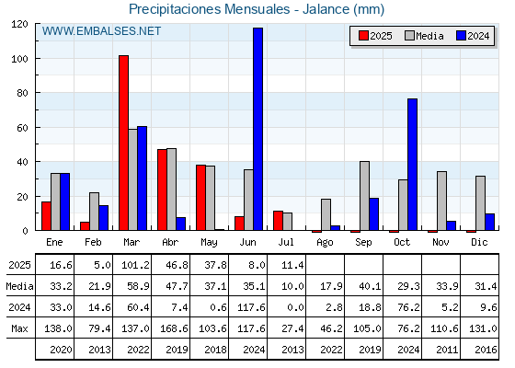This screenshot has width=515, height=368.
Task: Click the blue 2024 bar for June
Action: [x=257, y=129]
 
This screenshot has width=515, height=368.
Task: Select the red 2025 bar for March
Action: [x=123, y=143]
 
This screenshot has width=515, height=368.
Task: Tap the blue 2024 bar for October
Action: [x=412, y=165]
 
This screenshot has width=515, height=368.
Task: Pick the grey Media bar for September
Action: [x=364, y=196]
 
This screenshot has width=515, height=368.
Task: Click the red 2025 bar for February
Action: [x=85, y=226]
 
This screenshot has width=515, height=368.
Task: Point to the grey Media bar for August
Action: [x=326, y=214]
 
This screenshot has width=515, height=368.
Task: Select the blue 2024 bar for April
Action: [x=180, y=224]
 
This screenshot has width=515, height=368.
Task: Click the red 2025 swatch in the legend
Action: [x=363, y=36]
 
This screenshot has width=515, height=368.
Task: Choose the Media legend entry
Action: [x=424, y=36]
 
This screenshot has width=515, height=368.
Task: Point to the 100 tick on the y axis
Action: [x=37, y=59]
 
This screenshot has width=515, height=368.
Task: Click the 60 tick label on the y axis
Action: [x=22, y=128]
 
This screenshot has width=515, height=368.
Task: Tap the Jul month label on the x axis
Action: [x=286, y=242]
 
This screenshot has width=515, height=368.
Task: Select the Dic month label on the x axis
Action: [x=479, y=242]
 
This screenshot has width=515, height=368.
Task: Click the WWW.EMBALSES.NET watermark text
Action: [x=101, y=31]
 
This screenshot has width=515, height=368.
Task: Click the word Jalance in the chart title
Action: [x=326, y=9]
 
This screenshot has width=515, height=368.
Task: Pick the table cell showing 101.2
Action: [x=135, y=265]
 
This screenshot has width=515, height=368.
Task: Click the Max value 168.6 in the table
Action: [x=174, y=328]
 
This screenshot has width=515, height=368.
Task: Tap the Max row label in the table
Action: [x=19, y=328]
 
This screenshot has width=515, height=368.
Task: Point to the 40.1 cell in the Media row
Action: [x=370, y=286]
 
